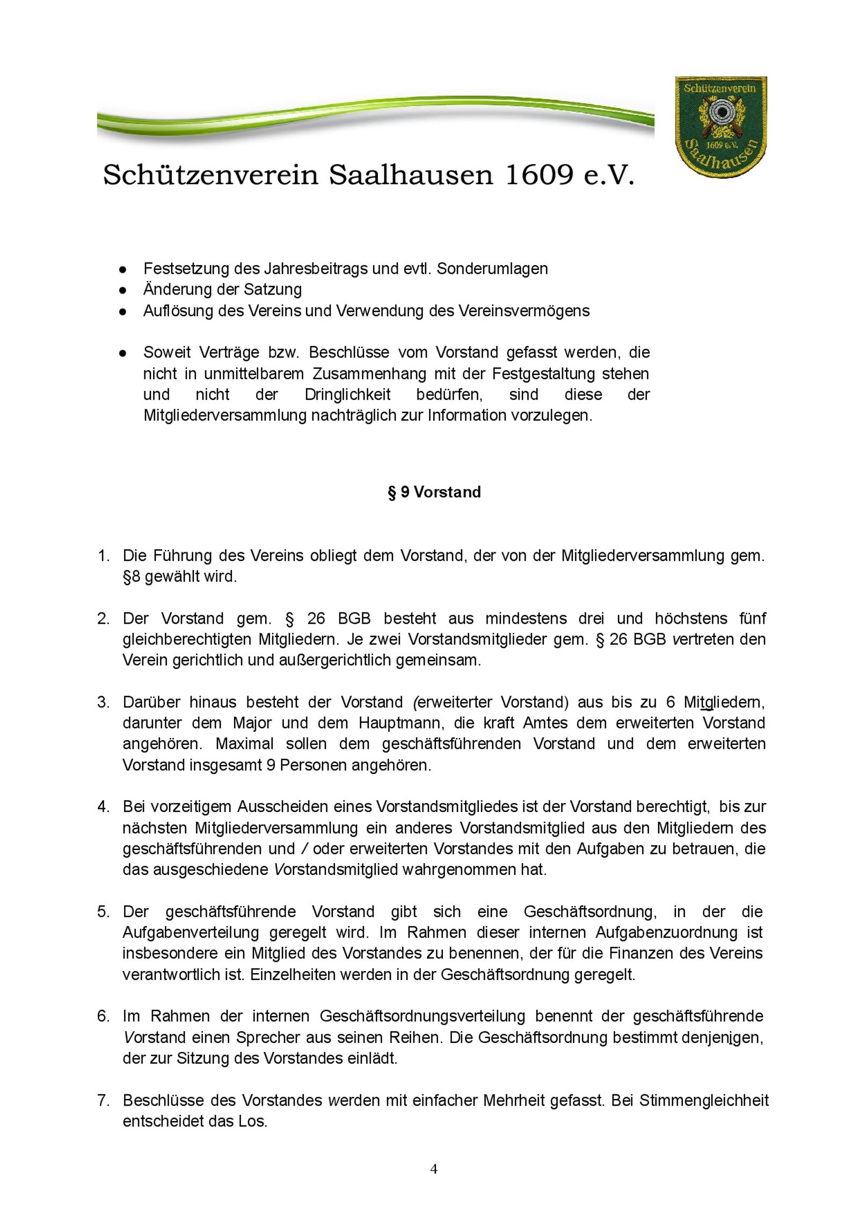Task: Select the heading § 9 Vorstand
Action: [434, 492]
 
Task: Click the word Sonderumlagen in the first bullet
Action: [492, 268]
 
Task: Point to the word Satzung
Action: [273, 289]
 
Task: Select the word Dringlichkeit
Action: [347, 394]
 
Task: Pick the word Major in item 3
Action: [252, 723]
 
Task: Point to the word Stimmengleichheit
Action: [704, 1100]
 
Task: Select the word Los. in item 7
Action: [253, 1121]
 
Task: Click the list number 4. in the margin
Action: [104, 807]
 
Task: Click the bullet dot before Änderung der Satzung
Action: [122, 290]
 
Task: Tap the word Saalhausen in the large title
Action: [411, 175]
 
